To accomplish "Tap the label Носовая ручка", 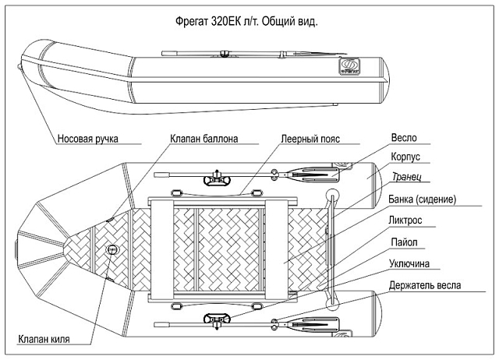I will tap(87, 140).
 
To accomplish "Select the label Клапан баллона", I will tap(203, 139).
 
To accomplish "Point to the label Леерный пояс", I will tap(310, 139).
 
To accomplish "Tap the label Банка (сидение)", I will tap(421, 199).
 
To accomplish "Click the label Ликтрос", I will tap(405, 221).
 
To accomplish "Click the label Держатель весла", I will tap(425, 285).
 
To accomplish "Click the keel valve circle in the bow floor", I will tap(112, 250).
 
